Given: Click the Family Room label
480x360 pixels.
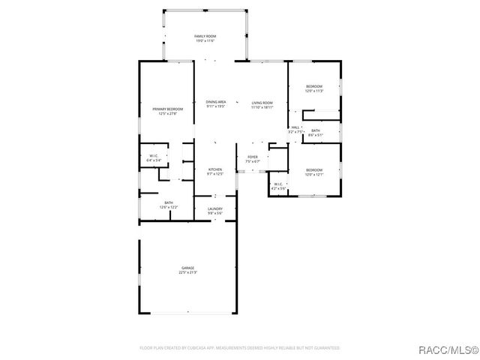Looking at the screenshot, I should pyautogui.click(x=205, y=36).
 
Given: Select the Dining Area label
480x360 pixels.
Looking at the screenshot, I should pyautogui.click(x=216, y=102).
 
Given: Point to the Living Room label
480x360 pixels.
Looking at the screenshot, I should pyautogui.click(x=262, y=102).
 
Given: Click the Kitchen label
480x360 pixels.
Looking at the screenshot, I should pyautogui.click(x=215, y=169).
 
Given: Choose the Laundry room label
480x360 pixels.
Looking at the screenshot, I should pyautogui.click(x=215, y=209).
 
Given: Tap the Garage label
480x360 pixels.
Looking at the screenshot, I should pyautogui.click(x=187, y=268).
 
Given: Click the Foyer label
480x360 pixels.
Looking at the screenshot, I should pyautogui.click(x=253, y=157).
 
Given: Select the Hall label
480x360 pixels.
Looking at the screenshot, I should pyautogui.click(x=295, y=127).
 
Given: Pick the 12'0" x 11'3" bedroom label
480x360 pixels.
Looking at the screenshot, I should pyautogui.click(x=314, y=87).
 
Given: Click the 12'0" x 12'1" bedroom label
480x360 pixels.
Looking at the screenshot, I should pyautogui.click(x=314, y=170).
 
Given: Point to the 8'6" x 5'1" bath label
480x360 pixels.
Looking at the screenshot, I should pyautogui.click(x=316, y=131).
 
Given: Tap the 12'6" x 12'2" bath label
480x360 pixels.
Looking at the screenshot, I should pyautogui.click(x=169, y=202).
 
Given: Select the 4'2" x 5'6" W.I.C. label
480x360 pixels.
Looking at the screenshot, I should pyautogui.click(x=277, y=184).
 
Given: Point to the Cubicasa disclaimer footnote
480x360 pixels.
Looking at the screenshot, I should pyautogui.click(x=240, y=348).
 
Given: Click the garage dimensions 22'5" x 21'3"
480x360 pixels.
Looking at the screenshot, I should pyautogui.click(x=187, y=272).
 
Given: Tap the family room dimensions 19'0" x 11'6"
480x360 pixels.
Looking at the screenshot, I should pyautogui.click(x=205, y=40).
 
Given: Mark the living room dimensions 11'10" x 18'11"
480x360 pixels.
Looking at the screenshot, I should pyautogui.click(x=262, y=106).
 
